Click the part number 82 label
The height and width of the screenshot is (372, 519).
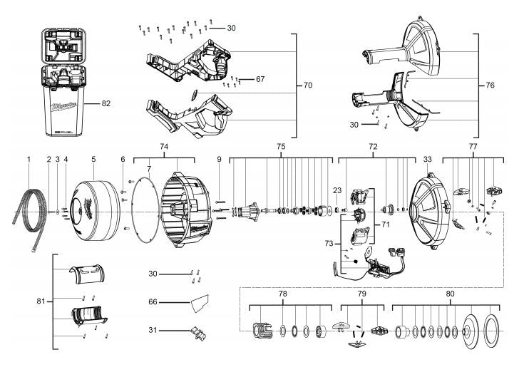[106, 103]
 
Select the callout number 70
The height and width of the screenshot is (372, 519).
[308, 86]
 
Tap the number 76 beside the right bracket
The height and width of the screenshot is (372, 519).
[490, 86]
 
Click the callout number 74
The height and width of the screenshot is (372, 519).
[164, 147]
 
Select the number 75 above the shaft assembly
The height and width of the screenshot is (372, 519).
[281, 147]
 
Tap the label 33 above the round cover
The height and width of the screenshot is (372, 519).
[428, 160]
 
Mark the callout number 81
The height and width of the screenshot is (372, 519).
[41, 301]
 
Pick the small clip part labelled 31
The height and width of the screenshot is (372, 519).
[198, 333]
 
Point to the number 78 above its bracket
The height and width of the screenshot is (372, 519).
[282, 294]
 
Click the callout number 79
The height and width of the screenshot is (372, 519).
[361, 294]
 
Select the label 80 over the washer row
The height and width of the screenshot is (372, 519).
[450, 294]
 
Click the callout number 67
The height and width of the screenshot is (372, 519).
[260, 79]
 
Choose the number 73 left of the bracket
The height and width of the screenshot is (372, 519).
[329, 244]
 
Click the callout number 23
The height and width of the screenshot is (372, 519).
[337, 191]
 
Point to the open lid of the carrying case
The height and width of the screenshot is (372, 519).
[64, 46]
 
